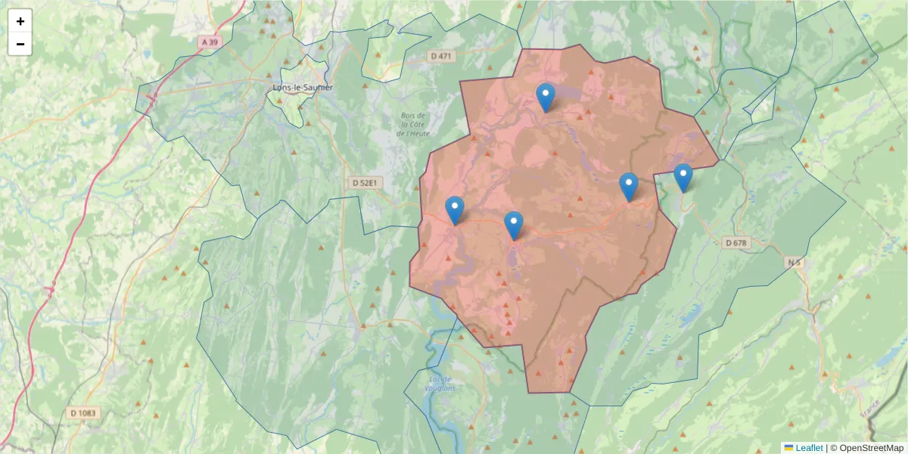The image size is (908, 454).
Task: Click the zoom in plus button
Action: click(20, 21)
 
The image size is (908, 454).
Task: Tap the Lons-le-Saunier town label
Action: click(303, 88)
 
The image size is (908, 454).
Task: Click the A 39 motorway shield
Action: click(210, 43)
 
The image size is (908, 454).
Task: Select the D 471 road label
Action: click(440, 56)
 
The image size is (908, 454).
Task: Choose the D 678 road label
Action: click(735, 243)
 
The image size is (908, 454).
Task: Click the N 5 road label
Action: click(793, 263)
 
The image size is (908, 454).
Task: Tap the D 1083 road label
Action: click(84, 413)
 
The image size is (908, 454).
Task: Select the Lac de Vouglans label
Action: click(442, 383)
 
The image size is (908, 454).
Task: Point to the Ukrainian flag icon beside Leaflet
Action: click(788, 448)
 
